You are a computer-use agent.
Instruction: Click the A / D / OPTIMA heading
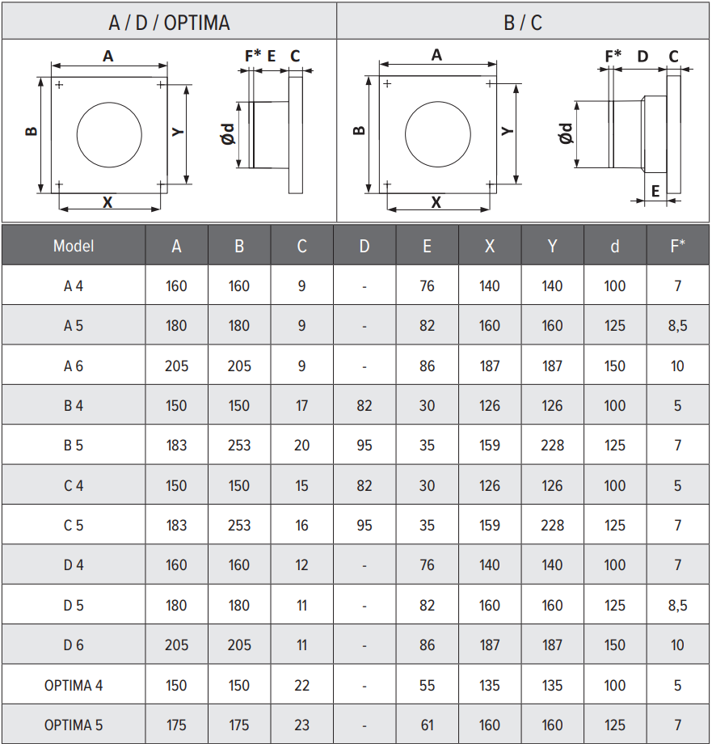[169, 23]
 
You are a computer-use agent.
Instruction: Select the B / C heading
[523, 23]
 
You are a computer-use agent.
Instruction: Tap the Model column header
[74, 246]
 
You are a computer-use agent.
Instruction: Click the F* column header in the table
[677, 245]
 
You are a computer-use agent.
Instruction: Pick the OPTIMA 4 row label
[74, 685]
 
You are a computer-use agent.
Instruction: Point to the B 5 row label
[74, 445]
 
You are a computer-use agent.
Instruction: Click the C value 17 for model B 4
[301, 405]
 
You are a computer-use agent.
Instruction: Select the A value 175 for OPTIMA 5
[176, 725]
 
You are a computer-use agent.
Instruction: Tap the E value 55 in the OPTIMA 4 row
[427, 685]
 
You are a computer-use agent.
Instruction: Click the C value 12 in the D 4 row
[301, 564]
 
